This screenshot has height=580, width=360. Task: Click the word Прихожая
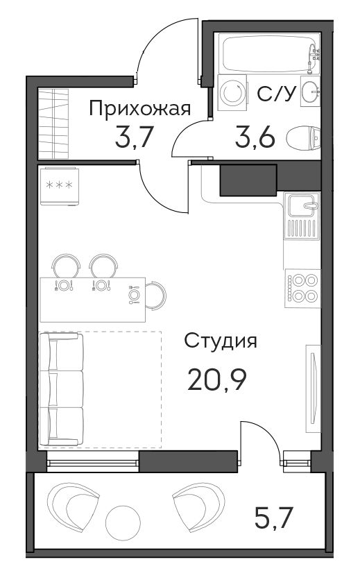click(140, 110)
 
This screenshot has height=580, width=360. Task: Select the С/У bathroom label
click(277, 94)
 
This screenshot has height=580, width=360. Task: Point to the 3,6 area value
click(255, 137)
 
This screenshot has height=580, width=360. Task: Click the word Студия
click(221, 341)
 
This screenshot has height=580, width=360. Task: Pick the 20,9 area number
click(217, 379)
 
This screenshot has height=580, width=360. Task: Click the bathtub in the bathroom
click(269, 53)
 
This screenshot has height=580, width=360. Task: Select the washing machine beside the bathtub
click(232, 92)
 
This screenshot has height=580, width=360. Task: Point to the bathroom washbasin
click(310, 91)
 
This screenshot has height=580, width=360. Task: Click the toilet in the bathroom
click(304, 137)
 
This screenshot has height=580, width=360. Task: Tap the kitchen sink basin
click(302, 205)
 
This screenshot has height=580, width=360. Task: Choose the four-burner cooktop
click(302, 288)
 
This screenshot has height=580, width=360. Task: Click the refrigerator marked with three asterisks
click(59, 186)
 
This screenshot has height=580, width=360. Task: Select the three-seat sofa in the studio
click(62, 389)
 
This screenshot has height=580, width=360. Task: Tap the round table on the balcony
click(123, 523)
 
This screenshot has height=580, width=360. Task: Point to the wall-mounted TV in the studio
click(313, 389)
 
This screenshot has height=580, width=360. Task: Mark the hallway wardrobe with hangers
click(53, 124)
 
